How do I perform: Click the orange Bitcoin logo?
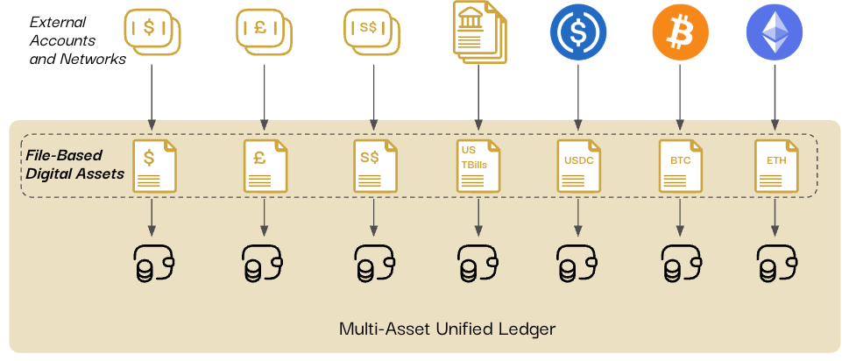pyautogui.click(x=679, y=34)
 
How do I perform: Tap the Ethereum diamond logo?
pyautogui.click(x=774, y=33)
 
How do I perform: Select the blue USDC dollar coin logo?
pyautogui.click(x=577, y=34)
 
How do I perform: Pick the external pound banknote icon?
pyautogui.click(x=264, y=32)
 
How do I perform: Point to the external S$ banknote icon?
pyautogui.click(x=374, y=32)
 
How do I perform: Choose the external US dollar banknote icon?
pyautogui.click(x=152, y=32)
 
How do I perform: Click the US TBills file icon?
pyautogui.click(x=479, y=166)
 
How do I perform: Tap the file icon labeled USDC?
pyautogui.click(x=577, y=166)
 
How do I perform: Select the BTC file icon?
pyautogui.click(x=679, y=166)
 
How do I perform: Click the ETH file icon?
pyautogui.click(x=775, y=166)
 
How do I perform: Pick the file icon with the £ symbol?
pyautogui.click(x=264, y=166)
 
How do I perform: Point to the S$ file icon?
pyautogui.click(x=374, y=166)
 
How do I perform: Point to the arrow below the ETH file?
pyautogui.click(x=775, y=216)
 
